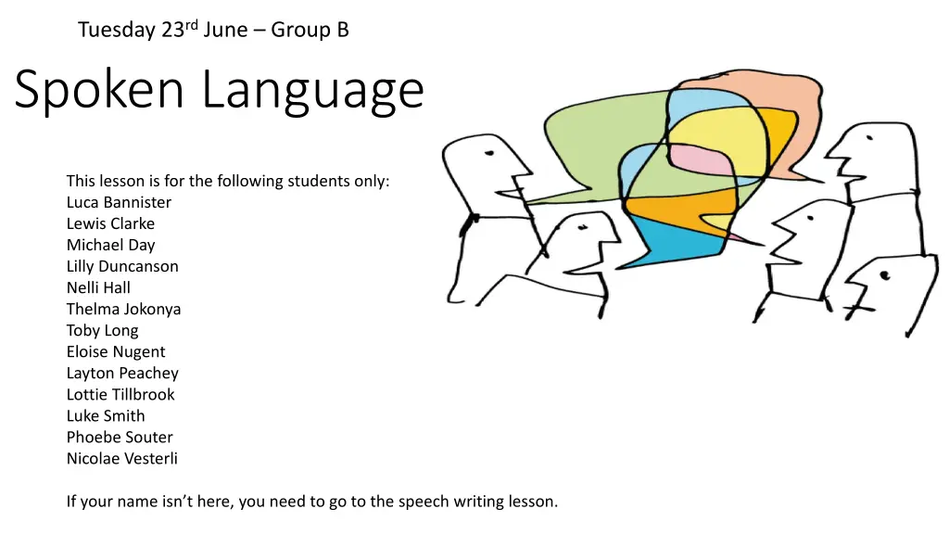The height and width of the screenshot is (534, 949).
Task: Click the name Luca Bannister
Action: click(x=119, y=202)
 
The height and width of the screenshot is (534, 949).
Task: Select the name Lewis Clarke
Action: click(x=110, y=223)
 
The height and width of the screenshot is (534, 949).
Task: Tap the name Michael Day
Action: click(x=110, y=245)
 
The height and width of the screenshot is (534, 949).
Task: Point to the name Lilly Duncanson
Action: click(x=122, y=266)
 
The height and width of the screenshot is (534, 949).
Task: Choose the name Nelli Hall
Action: click(x=98, y=287)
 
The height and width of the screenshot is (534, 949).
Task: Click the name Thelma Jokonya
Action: click(x=123, y=309)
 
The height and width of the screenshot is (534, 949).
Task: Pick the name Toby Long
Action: click(x=102, y=330)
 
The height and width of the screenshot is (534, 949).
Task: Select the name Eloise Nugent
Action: click(x=116, y=351)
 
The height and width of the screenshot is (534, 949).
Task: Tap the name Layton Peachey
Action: click(x=122, y=373)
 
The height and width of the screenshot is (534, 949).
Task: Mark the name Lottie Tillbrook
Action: click(x=120, y=394)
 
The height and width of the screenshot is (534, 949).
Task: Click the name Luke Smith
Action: click(x=106, y=415)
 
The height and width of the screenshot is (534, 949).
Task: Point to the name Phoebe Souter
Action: click(x=120, y=437)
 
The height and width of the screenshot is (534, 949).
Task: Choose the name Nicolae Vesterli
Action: click(x=121, y=458)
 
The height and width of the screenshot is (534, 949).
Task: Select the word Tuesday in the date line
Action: click(x=117, y=31)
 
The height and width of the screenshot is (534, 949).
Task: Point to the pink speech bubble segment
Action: click(x=695, y=161)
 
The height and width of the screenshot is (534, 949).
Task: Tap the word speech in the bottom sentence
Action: click(x=424, y=502)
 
